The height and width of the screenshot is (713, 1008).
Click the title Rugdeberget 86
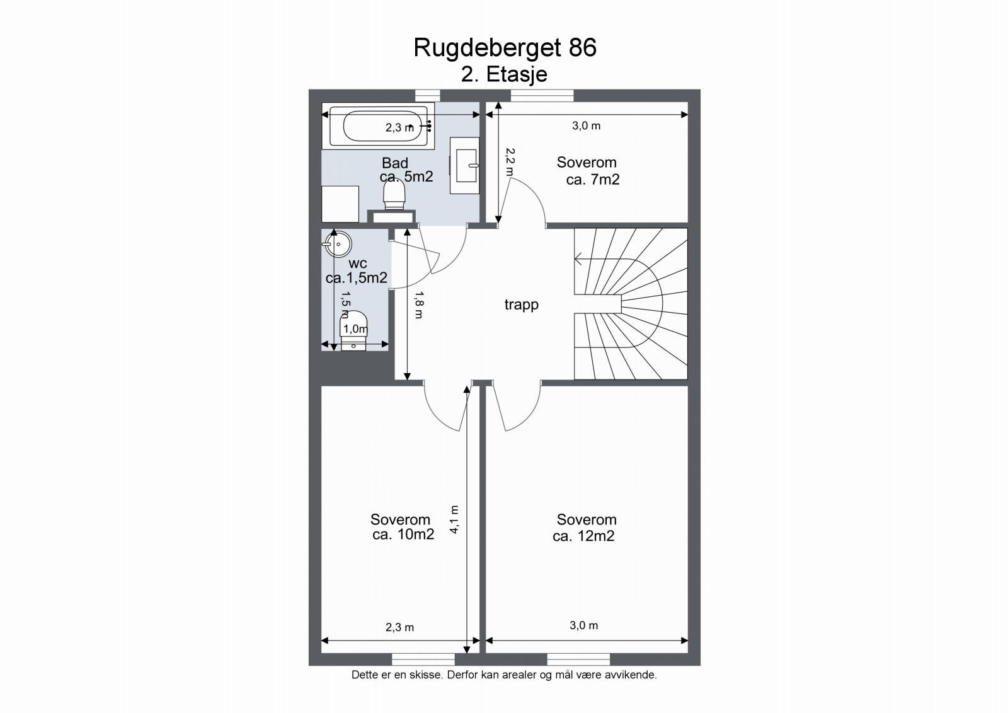pos(505,48)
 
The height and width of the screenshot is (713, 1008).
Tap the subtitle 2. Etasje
pos(504,74)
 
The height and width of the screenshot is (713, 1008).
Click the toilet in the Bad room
pos(394,192)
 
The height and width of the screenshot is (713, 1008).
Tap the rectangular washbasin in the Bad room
pos(465,165)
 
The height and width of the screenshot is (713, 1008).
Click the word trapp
pos(521,304)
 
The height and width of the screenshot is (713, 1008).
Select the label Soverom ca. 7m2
pos(588,171)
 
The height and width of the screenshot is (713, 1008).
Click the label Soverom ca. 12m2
pos(585,528)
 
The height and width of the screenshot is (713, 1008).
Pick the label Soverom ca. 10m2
pos(401,527)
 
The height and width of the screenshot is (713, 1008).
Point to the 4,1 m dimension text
pos(454,520)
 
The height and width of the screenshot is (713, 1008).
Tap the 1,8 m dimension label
pos(419,304)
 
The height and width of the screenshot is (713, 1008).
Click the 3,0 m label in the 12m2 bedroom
pos(583,625)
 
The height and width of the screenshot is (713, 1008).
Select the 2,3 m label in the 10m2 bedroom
pos(399,627)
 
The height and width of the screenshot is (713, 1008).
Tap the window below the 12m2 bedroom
pos(578,659)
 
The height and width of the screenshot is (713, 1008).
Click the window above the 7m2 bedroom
pos(542,95)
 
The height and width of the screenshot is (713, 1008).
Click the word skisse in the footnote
pos(427,675)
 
